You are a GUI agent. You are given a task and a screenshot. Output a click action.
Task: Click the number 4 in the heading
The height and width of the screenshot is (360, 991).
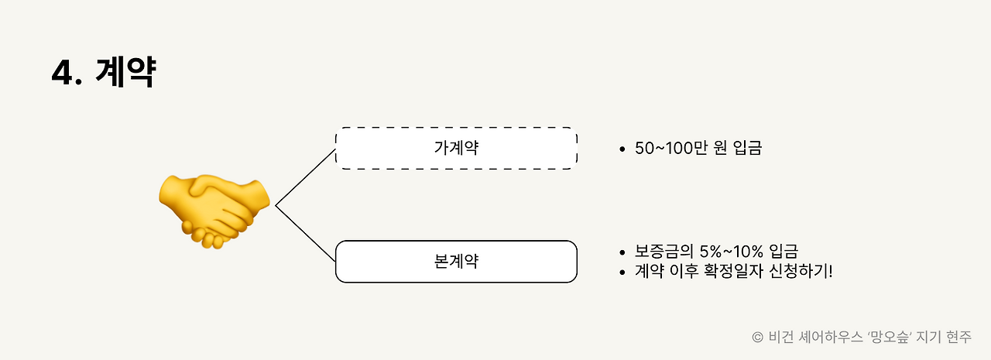coord(62,74)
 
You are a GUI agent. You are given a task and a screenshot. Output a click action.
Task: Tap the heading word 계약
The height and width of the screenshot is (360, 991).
coord(127,74)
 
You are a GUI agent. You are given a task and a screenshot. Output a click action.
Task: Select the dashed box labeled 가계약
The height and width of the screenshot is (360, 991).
coord(456,148)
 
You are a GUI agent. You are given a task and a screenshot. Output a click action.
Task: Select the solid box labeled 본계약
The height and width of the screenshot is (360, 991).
coord(456,261)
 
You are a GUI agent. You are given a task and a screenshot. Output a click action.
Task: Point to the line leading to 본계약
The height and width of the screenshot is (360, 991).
coord(306,233)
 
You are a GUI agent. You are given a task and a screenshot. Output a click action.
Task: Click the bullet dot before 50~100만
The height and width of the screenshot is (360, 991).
coord(622,149)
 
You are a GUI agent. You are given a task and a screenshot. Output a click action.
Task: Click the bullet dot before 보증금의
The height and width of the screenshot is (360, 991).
coord(622,252)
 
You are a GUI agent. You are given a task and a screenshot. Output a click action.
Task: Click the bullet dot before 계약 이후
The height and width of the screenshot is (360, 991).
coord(622,273)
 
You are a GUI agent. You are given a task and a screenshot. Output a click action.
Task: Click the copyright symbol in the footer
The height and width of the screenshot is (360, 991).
coord(757,338)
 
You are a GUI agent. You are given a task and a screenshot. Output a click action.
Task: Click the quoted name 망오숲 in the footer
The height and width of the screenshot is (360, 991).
coord(897,337)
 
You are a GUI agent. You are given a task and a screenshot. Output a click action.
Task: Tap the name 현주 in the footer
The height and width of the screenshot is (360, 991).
coord(958,337)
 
